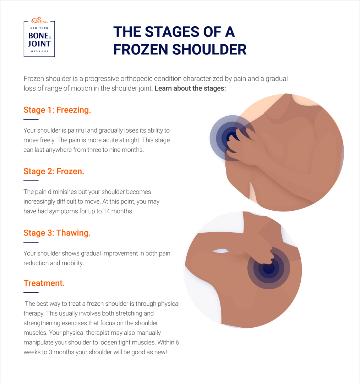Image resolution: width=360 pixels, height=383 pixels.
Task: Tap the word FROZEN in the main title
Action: click(141, 49)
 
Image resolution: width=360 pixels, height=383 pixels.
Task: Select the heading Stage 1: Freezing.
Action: click(57, 110)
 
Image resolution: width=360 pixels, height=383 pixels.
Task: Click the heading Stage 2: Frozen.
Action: click(54, 171)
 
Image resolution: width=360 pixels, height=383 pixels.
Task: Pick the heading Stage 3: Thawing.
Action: click(57, 233)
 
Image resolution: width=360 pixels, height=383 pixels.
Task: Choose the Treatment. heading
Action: click(44, 283)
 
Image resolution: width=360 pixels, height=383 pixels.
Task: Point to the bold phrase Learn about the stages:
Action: click(190, 88)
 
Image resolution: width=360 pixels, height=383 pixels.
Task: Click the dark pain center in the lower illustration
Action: click(268, 268)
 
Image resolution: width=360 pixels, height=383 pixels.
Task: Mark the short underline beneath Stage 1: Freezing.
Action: click(31, 119)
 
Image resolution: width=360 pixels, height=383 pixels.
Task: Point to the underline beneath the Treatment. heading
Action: click(31, 293)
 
